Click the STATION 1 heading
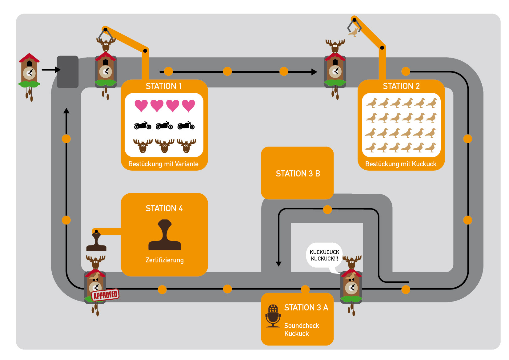(164, 86)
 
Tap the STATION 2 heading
(401, 86)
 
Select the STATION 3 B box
(297, 173)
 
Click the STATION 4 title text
(164, 208)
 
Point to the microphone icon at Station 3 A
(273, 316)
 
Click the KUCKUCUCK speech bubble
(324, 256)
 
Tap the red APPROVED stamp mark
(105, 295)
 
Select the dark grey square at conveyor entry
(68, 72)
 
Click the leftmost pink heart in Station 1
(141, 106)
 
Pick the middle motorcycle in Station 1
(164, 125)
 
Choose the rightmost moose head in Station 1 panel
(186, 145)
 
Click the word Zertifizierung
(165, 260)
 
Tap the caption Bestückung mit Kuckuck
(401, 164)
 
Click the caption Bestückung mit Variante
(163, 164)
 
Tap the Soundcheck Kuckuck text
(301, 330)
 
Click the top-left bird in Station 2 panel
(372, 103)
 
